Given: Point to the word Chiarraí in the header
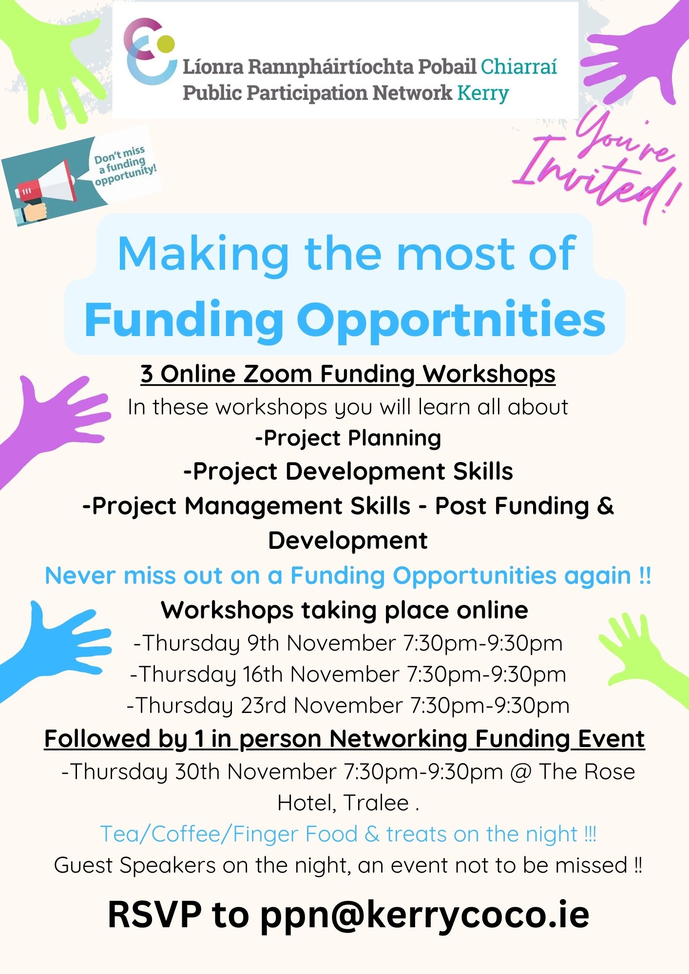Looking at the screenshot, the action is [519, 67].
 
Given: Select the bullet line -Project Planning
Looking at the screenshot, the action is [348, 438].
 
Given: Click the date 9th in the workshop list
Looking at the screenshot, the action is [263, 643].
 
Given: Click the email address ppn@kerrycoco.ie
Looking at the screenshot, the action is [424, 916].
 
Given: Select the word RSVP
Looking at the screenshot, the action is [154, 915].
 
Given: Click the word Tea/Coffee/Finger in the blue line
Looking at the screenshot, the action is [229, 834].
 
